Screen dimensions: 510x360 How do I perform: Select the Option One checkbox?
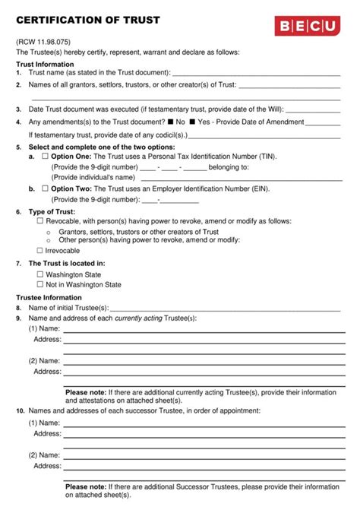(44, 157)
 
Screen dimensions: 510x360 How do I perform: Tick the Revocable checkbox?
(40, 221)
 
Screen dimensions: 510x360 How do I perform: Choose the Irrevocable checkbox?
(40, 250)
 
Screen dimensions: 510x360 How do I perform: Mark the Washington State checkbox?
(40, 274)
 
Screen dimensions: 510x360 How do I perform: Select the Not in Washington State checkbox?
(40, 284)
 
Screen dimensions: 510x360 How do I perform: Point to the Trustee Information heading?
(49, 297)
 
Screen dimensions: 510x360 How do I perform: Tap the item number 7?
(18, 263)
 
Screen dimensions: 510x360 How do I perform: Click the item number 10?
(20, 410)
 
